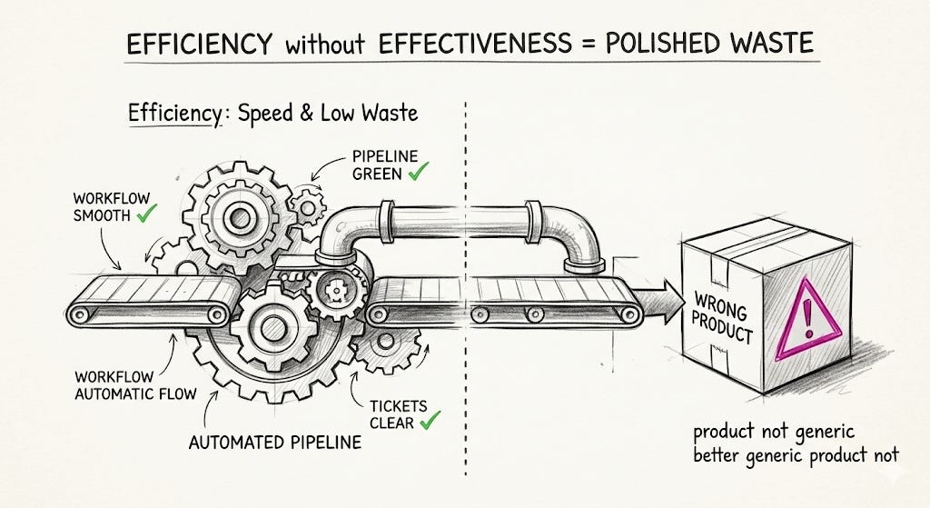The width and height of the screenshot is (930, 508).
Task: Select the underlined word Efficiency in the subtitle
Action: click(174, 114)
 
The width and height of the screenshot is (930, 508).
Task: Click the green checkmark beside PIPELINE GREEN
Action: click(418, 172)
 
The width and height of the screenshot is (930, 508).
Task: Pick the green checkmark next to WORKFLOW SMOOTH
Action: click(146, 213)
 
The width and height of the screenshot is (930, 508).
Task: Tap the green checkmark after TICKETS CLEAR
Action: click(430, 420)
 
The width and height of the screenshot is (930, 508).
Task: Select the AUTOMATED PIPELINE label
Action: click(274, 443)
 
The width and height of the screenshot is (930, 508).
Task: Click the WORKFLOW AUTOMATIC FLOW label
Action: click(136, 385)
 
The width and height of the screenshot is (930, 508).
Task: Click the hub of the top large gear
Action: click(240, 218)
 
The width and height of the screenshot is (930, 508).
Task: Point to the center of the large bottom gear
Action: click(273, 327)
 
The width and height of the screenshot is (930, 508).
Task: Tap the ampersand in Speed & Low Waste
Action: click(306, 113)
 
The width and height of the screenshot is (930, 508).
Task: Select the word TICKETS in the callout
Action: click(398, 406)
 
